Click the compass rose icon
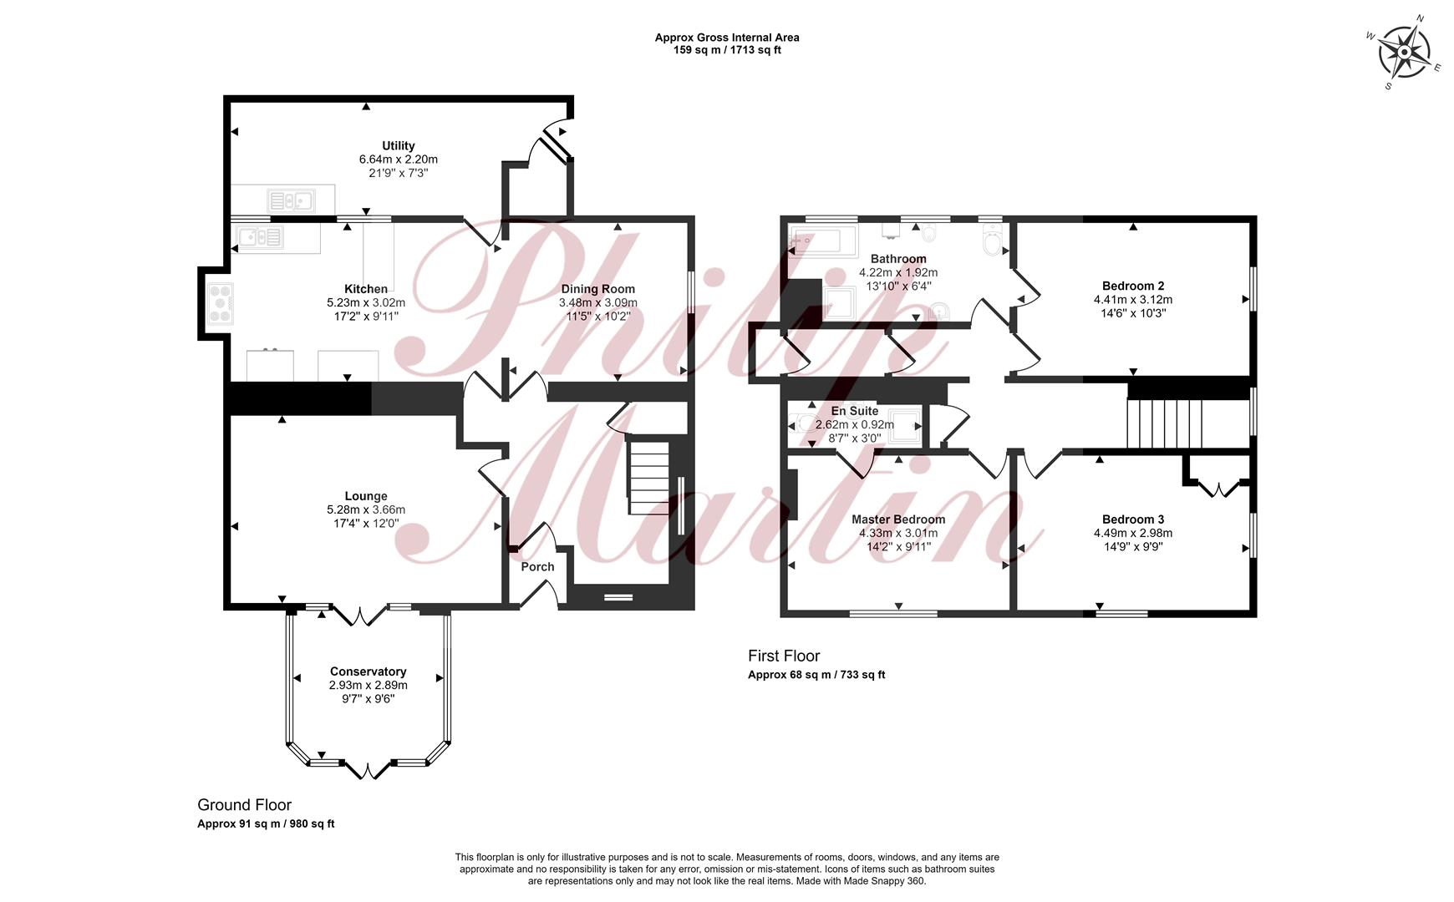1405,51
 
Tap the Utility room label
399,145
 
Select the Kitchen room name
366,289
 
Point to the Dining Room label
598,289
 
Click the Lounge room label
366,496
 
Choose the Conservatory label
368,671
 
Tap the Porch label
537,566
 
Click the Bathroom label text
898,259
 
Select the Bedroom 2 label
1133,286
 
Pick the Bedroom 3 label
1133,519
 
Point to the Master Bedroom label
898,519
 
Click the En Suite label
855,411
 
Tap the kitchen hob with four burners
221,303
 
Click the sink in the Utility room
290,200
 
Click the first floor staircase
1164,424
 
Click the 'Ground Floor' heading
244,805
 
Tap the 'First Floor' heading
784,656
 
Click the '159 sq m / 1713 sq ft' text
727,50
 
